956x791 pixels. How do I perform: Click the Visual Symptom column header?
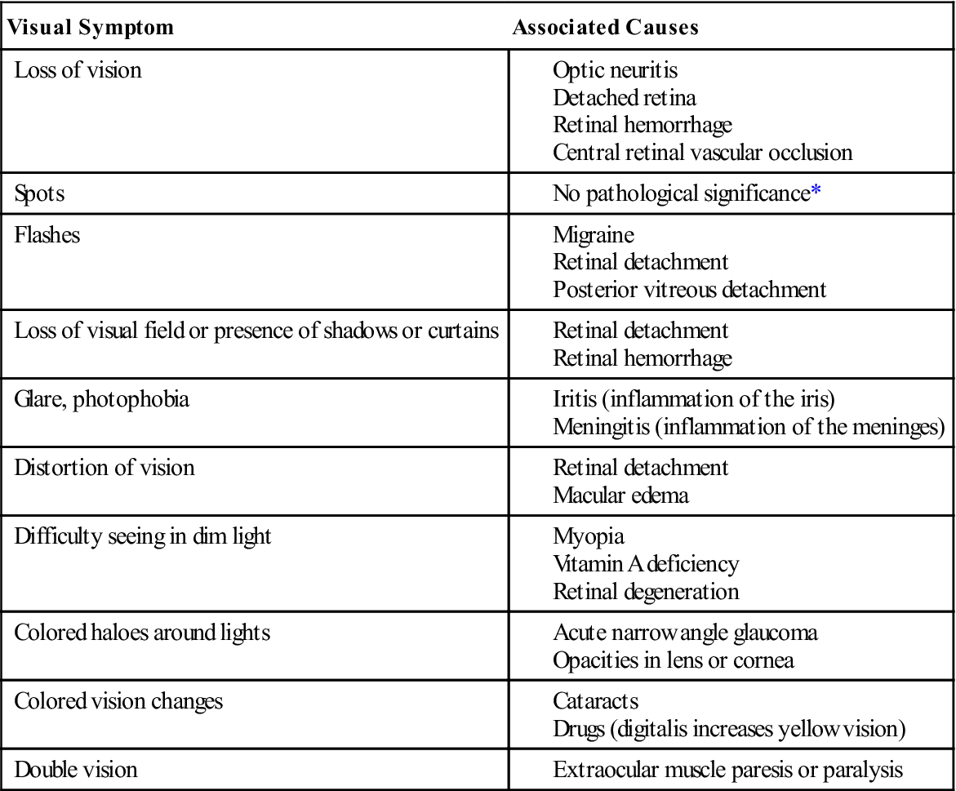click(91, 27)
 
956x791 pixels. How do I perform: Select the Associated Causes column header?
click(605, 27)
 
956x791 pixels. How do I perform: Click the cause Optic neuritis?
click(615, 71)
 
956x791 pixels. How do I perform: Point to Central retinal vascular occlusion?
click(702, 152)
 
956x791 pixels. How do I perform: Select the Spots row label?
click(38, 193)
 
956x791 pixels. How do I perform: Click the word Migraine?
click(594, 235)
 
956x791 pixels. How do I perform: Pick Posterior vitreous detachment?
click(689, 289)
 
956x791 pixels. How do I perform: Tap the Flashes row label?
click(48, 235)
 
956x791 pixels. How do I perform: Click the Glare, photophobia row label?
click(102, 400)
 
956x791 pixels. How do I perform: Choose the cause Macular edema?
click(620, 495)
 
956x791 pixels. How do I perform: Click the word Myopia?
click(589, 536)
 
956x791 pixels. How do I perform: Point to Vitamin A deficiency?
click(646, 563)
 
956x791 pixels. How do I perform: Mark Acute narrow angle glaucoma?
click(685, 633)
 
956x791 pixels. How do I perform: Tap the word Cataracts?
click(595, 701)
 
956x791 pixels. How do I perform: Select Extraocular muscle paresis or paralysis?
click(727, 770)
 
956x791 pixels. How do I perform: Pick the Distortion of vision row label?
click(104, 468)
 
